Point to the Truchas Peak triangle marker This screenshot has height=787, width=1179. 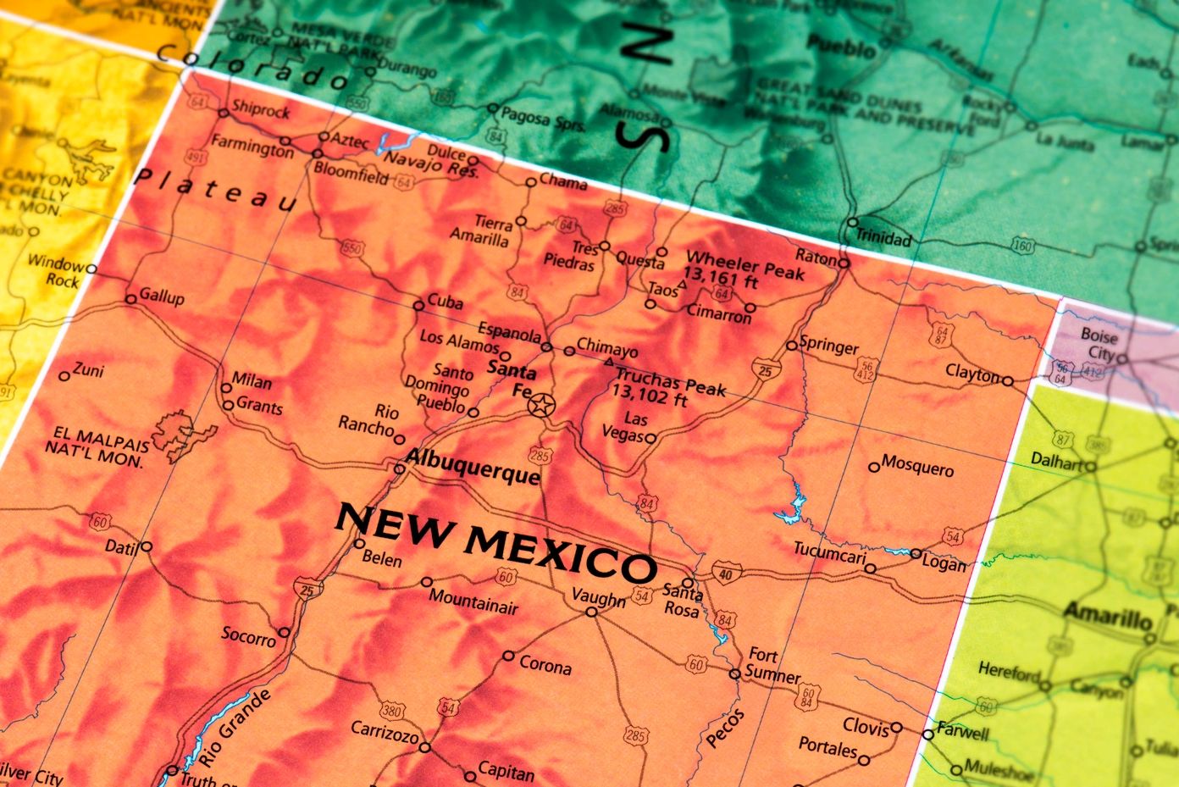(608, 363)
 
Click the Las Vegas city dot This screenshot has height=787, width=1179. (650, 438)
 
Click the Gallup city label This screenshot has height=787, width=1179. (162, 297)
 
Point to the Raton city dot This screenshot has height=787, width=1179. (844, 263)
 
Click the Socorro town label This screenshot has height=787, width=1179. (248, 635)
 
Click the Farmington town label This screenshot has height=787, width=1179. (252, 147)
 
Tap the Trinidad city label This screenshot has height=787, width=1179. (883, 238)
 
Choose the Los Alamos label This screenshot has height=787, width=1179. (460, 341)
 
